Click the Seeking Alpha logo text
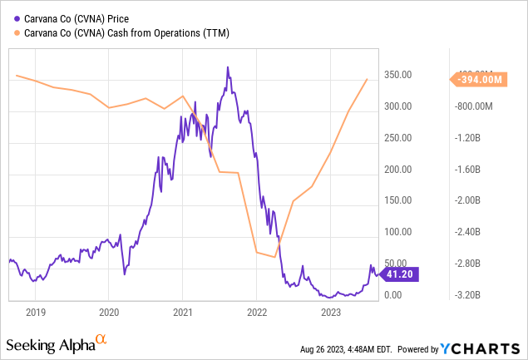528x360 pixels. tap(49, 343)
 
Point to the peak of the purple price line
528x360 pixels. tap(228, 67)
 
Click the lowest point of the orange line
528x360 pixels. tap(274, 257)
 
